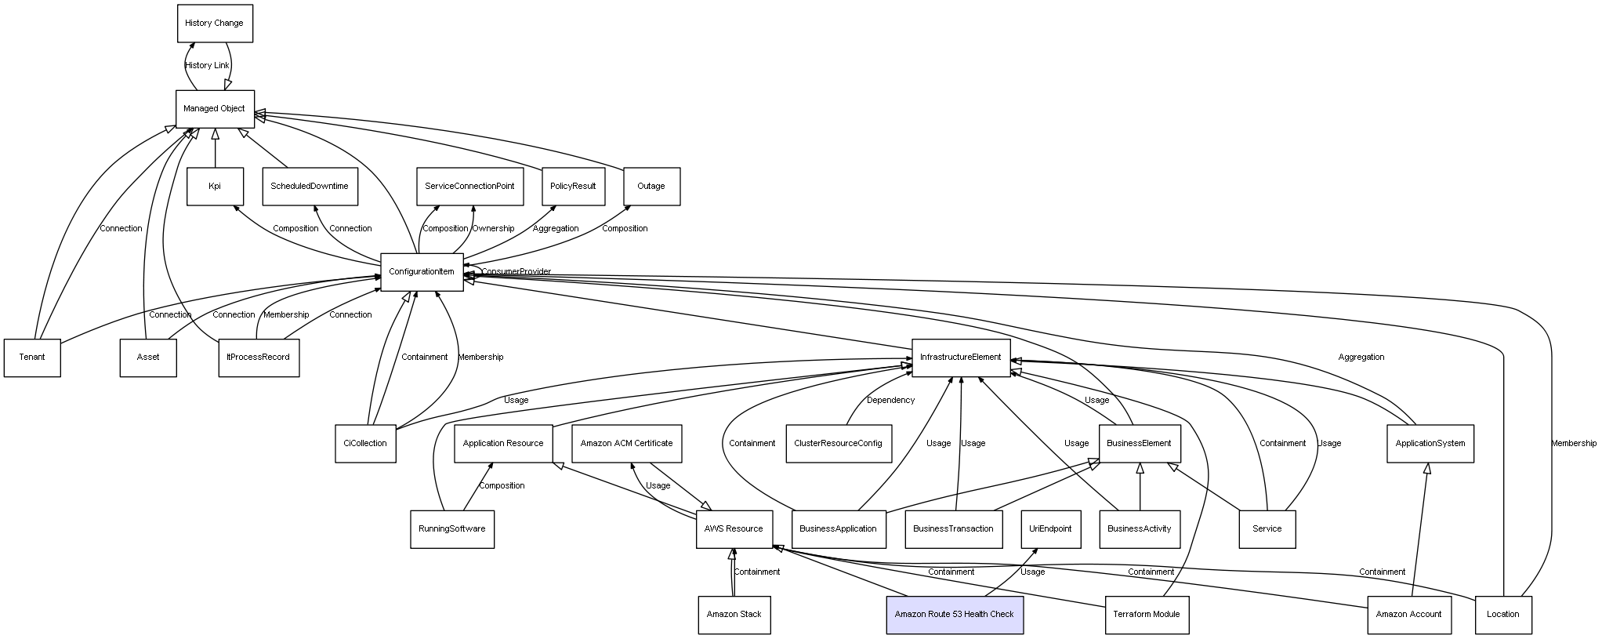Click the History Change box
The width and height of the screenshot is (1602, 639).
pyautogui.click(x=215, y=23)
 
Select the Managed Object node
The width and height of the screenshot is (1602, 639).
pyautogui.click(x=215, y=108)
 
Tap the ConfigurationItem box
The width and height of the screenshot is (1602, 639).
pyautogui.click(x=422, y=271)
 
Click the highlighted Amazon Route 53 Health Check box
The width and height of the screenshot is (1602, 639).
pyautogui.click(x=954, y=614)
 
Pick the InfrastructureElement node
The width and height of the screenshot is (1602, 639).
pyautogui.click(x=960, y=357)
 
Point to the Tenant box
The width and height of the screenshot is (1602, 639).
pyautogui.click(x=32, y=357)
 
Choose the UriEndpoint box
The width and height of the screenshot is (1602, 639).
pyautogui.click(x=1050, y=528)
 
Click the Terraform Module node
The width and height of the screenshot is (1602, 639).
pyautogui.click(x=1146, y=614)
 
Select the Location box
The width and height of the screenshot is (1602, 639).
pyautogui.click(x=1502, y=614)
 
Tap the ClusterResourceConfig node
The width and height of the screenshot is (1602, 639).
pyautogui.click(x=838, y=443)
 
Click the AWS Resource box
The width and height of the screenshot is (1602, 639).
pyautogui.click(x=734, y=528)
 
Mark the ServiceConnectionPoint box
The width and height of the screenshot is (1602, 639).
pyautogui.click(x=469, y=186)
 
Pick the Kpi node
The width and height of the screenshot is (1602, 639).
pyautogui.click(x=215, y=186)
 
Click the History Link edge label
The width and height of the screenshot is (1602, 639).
pyautogui.click(x=207, y=65)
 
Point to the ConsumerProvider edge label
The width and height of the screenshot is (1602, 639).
pyautogui.click(x=516, y=271)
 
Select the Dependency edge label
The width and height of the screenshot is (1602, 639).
pyautogui.click(x=890, y=400)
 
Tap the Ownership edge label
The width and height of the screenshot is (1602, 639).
pyautogui.click(x=493, y=228)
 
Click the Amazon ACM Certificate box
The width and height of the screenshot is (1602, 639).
pyautogui.click(x=626, y=443)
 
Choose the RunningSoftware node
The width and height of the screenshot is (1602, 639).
pyautogui.click(x=451, y=528)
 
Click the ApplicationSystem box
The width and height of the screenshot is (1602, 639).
pyautogui.click(x=1430, y=443)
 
